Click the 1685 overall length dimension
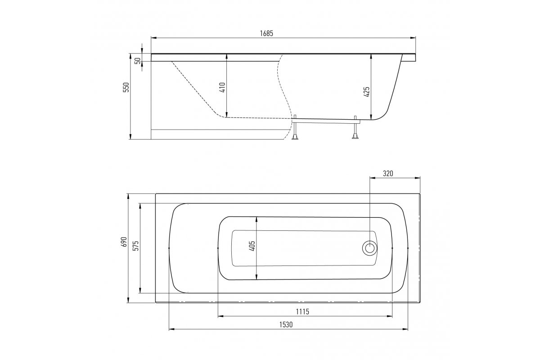[266, 33]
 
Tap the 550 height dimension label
[126, 87]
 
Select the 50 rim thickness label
[138, 61]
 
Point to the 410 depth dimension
[222, 87]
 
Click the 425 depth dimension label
[366, 92]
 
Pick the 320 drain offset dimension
[388, 173]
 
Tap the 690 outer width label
[124, 242]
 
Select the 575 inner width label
[136, 246]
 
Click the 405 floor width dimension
[252, 246]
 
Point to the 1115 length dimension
[302, 312]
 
